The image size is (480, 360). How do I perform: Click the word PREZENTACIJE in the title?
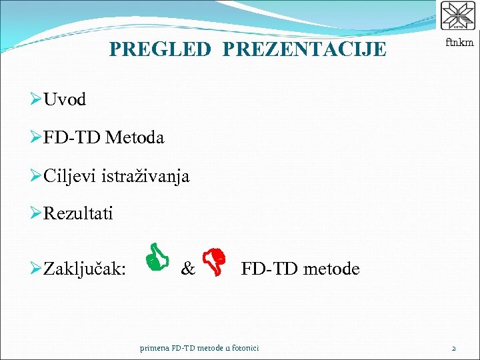[304, 49]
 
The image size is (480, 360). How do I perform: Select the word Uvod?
[65, 100]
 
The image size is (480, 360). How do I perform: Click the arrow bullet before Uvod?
[36, 100]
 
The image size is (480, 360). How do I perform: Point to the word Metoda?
[134, 138]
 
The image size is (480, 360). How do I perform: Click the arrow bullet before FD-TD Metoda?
[36, 138]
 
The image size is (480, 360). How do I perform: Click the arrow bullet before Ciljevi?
[36, 176]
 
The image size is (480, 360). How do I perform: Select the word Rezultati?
[78, 214]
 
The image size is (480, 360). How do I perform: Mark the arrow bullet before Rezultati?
[36, 214]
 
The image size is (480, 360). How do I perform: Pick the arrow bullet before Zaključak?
[36, 269]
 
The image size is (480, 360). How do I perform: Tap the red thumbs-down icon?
[215, 261]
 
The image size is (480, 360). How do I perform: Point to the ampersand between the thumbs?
[188, 269]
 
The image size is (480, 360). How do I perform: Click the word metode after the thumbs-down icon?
[331, 269]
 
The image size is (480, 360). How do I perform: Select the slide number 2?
[453, 348]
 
